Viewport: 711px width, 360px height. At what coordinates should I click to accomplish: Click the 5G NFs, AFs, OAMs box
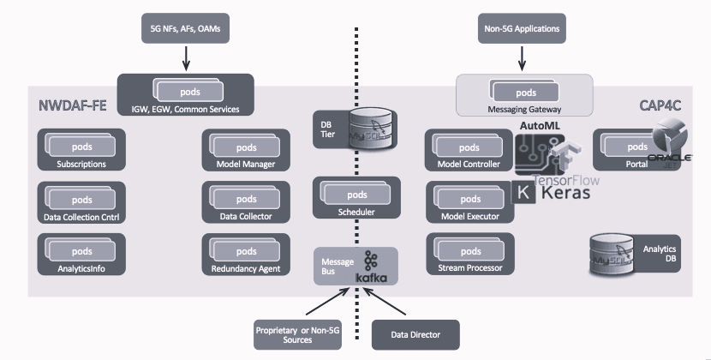[x=185, y=29]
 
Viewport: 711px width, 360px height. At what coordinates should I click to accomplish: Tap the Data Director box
[x=415, y=334]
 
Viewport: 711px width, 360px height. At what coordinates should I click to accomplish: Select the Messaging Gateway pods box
[x=524, y=94]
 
